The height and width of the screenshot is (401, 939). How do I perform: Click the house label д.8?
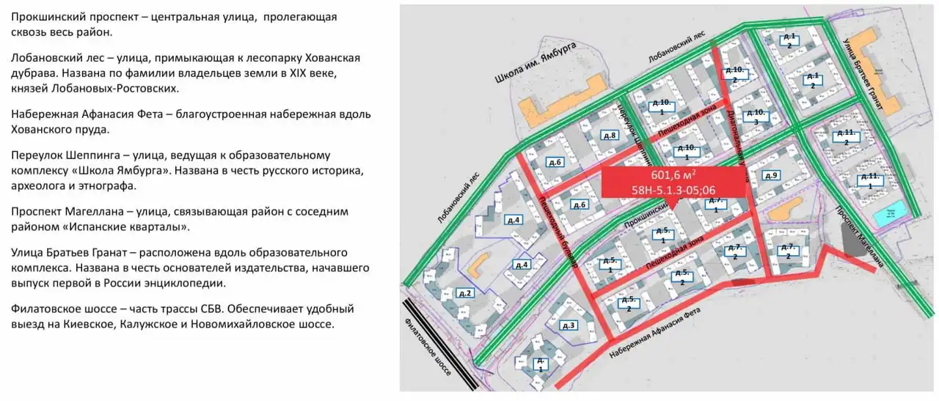(609, 136)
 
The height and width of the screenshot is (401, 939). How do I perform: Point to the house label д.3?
(569, 325)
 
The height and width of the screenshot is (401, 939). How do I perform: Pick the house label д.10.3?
(755, 117)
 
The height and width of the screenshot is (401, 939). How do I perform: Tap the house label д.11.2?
(847, 137)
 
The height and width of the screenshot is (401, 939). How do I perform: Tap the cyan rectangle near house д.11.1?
(888, 216)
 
